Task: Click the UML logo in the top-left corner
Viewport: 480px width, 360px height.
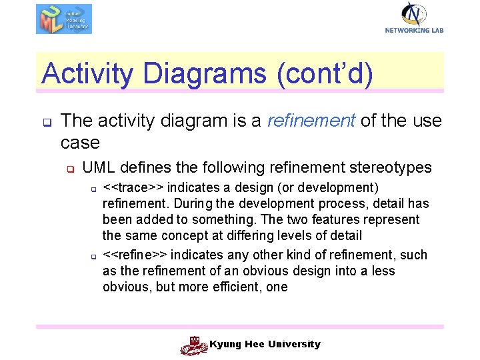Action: click(x=64, y=19)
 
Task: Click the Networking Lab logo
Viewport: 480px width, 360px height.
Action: click(x=414, y=17)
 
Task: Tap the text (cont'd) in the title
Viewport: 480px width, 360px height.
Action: click(x=323, y=73)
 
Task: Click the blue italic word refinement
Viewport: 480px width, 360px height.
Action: click(x=310, y=121)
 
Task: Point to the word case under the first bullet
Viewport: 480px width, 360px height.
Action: click(x=80, y=143)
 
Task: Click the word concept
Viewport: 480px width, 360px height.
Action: click(x=179, y=235)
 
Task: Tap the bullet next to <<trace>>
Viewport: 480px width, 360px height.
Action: click(x=94, y=189)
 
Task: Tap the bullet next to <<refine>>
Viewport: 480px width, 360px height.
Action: click(x=94, y=257)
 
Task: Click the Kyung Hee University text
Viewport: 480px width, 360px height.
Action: click(x=265, y=344)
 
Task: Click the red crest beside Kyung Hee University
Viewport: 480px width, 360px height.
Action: click(x=194, y=345)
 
